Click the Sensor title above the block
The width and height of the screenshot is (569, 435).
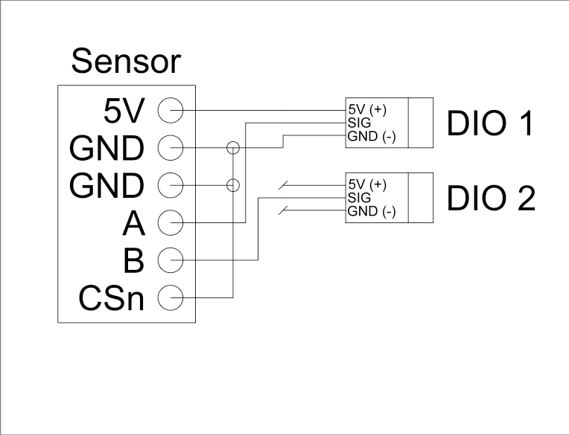pos(125,61)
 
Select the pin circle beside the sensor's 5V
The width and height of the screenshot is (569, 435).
pos(171,110)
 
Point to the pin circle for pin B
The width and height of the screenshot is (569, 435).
pos(171,260)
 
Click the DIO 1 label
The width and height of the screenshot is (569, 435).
pos(490,123)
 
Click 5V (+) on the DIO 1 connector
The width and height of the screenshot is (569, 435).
pos(368,110)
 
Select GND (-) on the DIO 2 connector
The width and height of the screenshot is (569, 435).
pos(372,212)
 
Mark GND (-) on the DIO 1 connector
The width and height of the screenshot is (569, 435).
pos(372,136)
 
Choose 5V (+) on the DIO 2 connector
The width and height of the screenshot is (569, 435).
pos(368,184)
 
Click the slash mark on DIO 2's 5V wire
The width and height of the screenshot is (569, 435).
pos(284,184)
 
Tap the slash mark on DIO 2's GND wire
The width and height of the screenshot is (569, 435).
pos(284,212)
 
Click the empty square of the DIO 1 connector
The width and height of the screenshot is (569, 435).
pos(421,123)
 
